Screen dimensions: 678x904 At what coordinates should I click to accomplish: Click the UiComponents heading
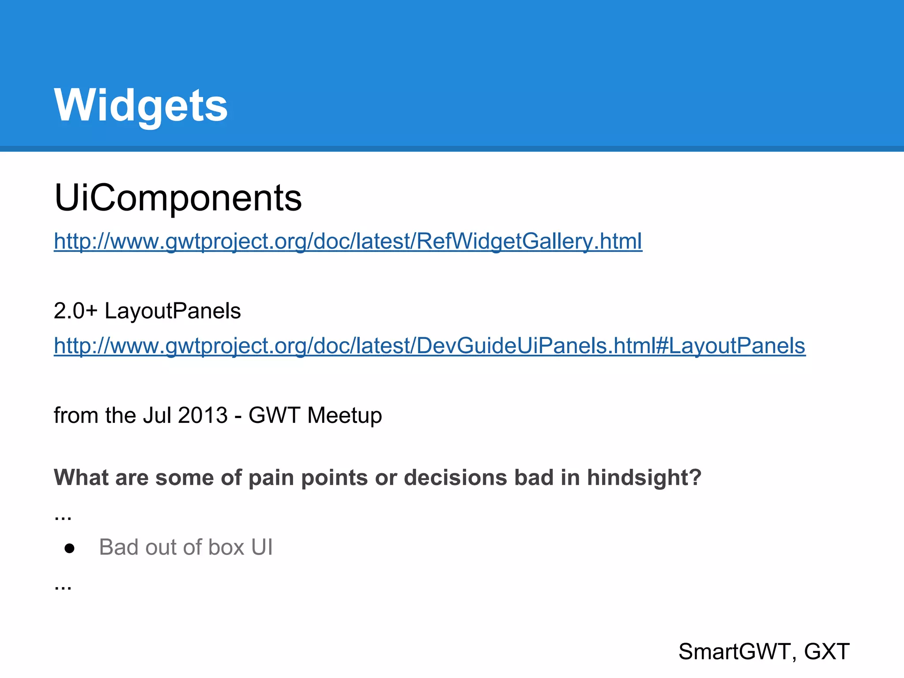point(178,197)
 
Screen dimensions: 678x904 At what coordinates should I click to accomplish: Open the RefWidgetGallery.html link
point(348,241)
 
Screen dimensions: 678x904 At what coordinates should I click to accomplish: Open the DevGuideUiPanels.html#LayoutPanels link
point(429,346)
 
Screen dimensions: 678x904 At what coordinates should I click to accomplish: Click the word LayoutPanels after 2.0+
point(173,311)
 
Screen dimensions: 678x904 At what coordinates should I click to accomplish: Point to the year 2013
point(203,415)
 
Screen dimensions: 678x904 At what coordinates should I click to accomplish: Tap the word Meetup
point(345,415)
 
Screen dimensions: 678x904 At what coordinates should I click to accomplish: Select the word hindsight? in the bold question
point(644,478)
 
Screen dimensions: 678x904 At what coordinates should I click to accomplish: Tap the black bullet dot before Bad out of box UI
point(69,548)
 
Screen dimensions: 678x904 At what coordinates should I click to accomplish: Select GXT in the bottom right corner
point(826,652)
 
